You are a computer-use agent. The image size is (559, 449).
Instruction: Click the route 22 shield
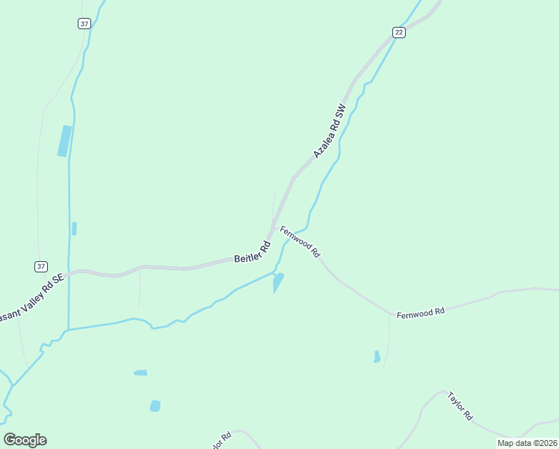[x=399, y=31]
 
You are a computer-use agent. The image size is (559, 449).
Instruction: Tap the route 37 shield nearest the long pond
[x=84, y=24]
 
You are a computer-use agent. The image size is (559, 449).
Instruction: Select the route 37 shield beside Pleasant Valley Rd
[x=40, y=266]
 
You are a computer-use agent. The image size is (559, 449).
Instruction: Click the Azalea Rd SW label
[x=330, y=130]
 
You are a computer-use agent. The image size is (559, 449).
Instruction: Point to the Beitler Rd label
[x=252, y=251]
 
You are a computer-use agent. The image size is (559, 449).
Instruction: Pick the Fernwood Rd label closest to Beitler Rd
[x=300, y=242]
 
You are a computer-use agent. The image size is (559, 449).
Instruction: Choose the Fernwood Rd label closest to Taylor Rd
[x=421, y=311]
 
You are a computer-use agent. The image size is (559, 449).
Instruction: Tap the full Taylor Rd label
[x=460, y=404]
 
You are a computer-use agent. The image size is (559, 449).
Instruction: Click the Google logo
[x=25, y=440]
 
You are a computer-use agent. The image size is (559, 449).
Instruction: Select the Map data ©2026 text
[x=526, y=443]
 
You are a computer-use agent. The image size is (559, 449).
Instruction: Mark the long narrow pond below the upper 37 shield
[x=65, y=141]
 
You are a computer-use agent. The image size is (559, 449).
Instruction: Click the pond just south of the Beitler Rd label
[x=278, y=282]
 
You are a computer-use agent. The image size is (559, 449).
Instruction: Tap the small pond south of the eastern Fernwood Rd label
[x=377, y=357]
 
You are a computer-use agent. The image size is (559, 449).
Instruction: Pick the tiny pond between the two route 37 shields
[x=74, y=228]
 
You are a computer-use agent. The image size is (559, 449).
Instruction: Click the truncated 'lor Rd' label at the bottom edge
[x=221, y=440]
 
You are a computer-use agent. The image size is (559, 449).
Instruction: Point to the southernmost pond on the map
[x=155, y=406]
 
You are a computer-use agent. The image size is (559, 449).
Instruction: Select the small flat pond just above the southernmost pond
[x=140, y=372]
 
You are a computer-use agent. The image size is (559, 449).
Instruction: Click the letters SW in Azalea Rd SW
[x=342, y=111]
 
